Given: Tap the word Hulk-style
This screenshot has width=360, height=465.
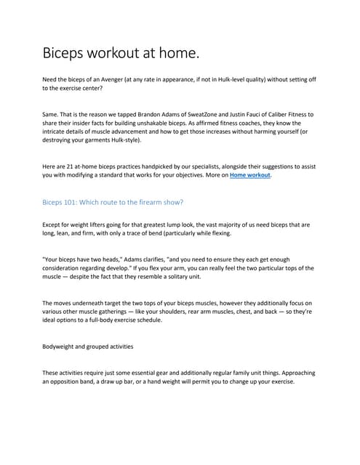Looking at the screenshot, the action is tap(134, 140).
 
